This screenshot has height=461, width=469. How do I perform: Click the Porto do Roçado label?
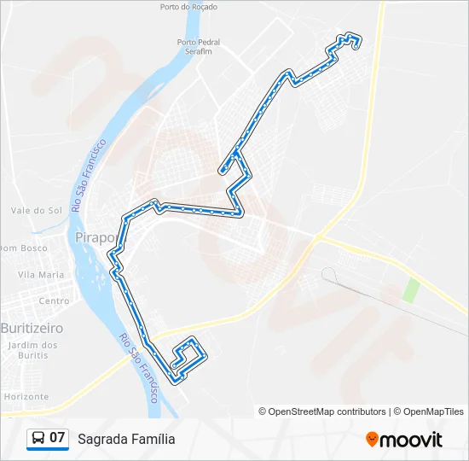tap(188, 7)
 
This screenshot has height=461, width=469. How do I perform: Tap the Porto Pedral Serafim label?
tap(198, 46)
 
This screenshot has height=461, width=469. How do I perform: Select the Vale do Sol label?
tap(37, 210)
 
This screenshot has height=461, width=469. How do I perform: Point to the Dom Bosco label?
tap(23, 248)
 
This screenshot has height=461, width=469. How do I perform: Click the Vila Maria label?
tap(41, 275)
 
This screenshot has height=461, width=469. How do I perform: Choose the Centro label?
tap(54, 301)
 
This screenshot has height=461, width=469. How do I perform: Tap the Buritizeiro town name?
tap(32, 328)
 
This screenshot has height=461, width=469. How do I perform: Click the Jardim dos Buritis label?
tap(32, 350)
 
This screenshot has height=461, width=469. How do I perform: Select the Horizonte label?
tap(26, 397)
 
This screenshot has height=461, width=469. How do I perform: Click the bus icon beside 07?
tap(38, 439)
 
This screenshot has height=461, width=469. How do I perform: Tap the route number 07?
tap(57, 439)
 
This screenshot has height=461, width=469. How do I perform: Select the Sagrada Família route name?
tap(126, 440)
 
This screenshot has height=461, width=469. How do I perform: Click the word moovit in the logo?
tap(411, 440)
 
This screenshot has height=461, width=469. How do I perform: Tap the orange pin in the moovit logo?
tap(372, 440)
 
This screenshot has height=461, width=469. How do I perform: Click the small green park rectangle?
tap(411, 289)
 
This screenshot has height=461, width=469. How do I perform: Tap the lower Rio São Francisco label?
tap(141, 367)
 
